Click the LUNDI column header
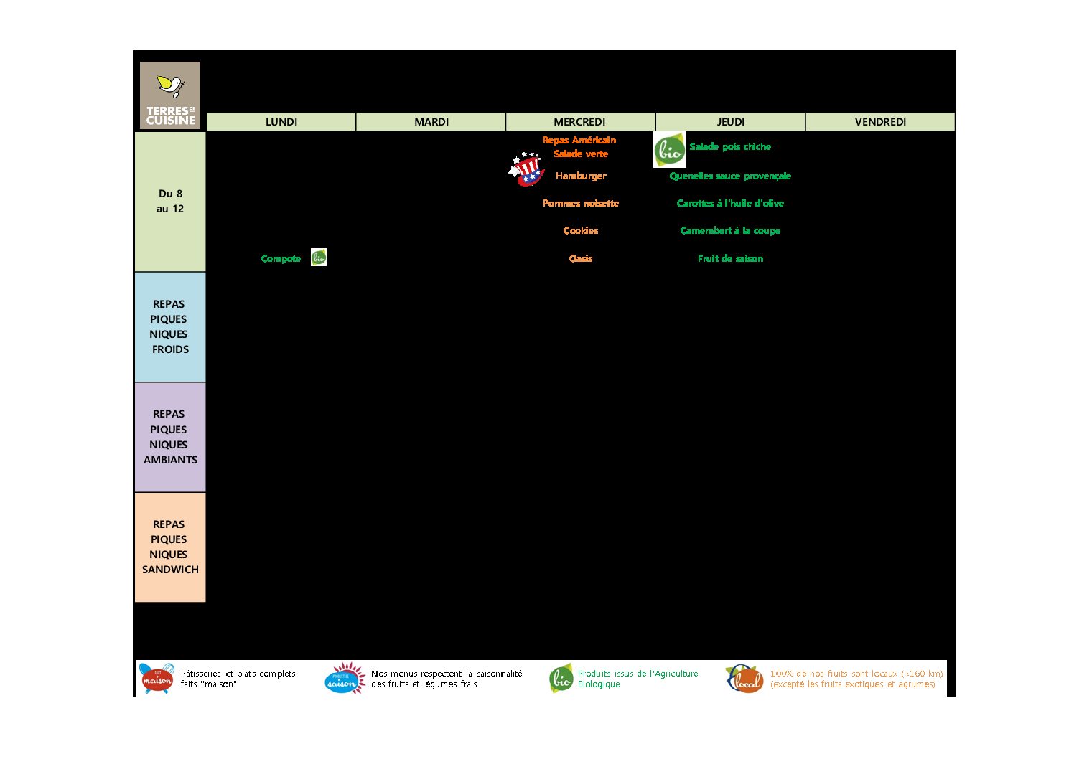pyautogui.click(x=281, y=122)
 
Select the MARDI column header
pyautogui.click(x=431, y=122)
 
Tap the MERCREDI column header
pyautogui.click(x=579, y=122)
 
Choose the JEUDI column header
pyautogui.click(x=730, y=122)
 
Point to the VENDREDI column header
pyautogui.click(x=880, y=122)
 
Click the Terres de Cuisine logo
pyautogui.click(x=170, y=95)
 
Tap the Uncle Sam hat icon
pyautogui.click(x=526, y=169)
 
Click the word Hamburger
pyautogui.click(x=581, y=176)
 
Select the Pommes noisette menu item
pyautogui.click(x=581, y=203)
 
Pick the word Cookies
pyautogui.click(x=581, y=230)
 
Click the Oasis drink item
pyautogui.click(x=581, y=258)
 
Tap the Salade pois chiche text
pyautogui.click(x=729, y=146)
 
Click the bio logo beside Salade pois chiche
pyautogui.click(x=669, y=150)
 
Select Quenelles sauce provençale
pyautogui.click(x=729, y=176)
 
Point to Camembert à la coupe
pyautogui.click(x=729, y=230)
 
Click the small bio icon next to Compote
pyautogui.click(x=319, y=258)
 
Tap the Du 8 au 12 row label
pyautogui.click(x=170, y=202)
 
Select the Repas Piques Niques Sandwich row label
pyautogui.click(x=170, y=547)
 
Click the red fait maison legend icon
pyautogui.click(x=157, y=678)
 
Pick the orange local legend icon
pyautogui.click(x=744, y=679)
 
